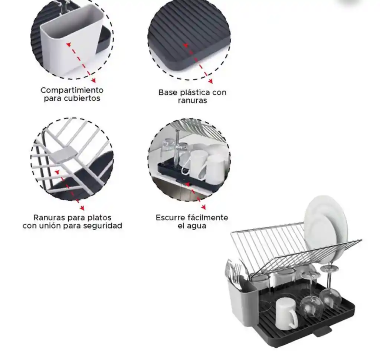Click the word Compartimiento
point(72,90)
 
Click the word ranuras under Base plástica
point(193,100)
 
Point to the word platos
point(99,217)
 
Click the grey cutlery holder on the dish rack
point(242,303)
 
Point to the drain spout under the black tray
point(322,332)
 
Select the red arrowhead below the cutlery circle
point(94,81)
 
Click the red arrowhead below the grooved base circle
point(210,81)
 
